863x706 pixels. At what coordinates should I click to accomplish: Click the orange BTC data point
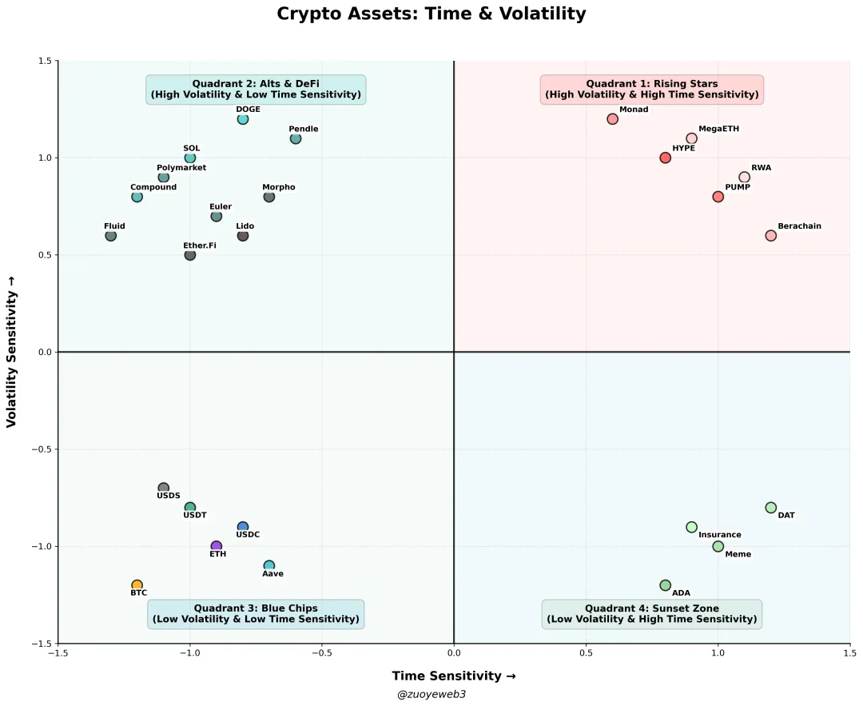(x=137, y=585)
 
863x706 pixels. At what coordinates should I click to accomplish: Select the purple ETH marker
(x=217, y=546)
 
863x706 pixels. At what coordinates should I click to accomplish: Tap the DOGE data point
(x=243, y=119)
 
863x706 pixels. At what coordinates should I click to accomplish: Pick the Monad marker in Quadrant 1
(x=613, y=119)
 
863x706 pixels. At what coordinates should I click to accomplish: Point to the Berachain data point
(x=771, y=236)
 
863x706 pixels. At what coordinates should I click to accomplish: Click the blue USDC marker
(x=243, y=527)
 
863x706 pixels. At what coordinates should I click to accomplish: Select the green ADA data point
(x=666, y=585)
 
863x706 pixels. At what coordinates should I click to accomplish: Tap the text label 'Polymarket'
(x=181, y=168)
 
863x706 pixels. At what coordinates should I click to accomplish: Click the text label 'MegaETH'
(x=719, y=129)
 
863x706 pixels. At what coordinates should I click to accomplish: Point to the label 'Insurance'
(x=720, y=536)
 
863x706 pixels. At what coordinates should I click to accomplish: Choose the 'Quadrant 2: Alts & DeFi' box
(x=256, y=90)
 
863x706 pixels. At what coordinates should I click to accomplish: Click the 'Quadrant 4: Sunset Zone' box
(x=652, y=614)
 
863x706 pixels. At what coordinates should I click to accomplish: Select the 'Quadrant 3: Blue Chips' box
(x=256, y=614)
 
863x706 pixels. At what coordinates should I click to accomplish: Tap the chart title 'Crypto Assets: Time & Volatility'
(x=431, y=14)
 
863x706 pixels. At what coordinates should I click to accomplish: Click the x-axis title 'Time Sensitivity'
(x=454, y=676)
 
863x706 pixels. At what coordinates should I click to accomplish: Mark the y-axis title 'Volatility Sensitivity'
(x=12, y=352)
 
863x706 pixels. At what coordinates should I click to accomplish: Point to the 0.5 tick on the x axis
(x=586, y=653)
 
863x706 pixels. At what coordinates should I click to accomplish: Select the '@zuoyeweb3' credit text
(x=431, y=695)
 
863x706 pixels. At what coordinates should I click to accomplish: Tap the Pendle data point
(x=296, y=138)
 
